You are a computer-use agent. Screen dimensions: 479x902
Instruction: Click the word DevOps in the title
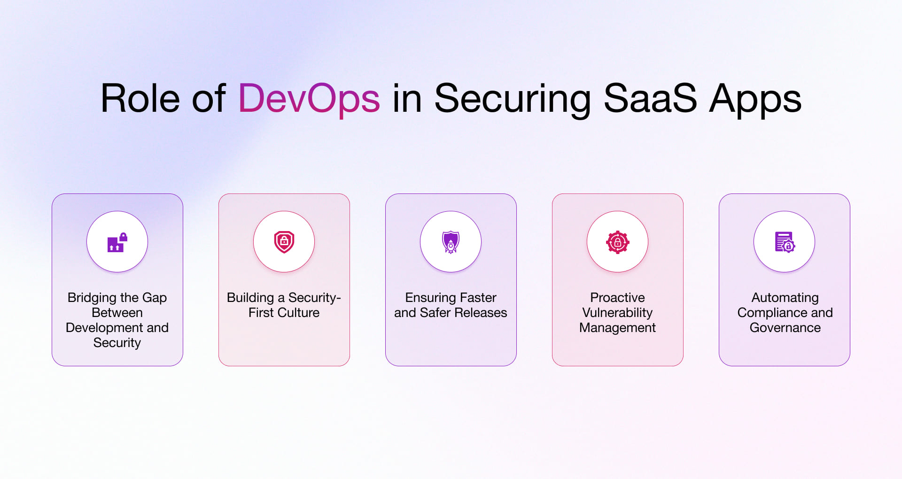(x=309, y=99)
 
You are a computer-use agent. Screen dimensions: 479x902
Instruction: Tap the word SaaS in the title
(x=650, y=99)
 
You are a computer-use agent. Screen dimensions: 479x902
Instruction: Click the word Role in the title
(x=140, y=99)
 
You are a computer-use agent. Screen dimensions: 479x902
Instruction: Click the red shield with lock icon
(x=284, y=242)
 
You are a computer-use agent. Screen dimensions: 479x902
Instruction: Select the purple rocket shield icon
(x=451, y=242)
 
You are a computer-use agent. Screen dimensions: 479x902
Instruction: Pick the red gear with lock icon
(x=617, y=242)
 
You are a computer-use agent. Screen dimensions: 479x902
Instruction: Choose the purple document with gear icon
(x=785, y=242)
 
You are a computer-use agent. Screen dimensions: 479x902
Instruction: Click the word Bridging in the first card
(x=92, y=298)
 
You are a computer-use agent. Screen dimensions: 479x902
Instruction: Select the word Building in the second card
(x=250, y=298)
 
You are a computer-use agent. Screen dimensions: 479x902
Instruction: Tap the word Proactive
(x=617, y=298)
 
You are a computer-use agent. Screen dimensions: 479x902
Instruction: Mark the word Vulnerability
(x=617, y=313)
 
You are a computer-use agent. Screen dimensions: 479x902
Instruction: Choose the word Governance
(x=785, y=328)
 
